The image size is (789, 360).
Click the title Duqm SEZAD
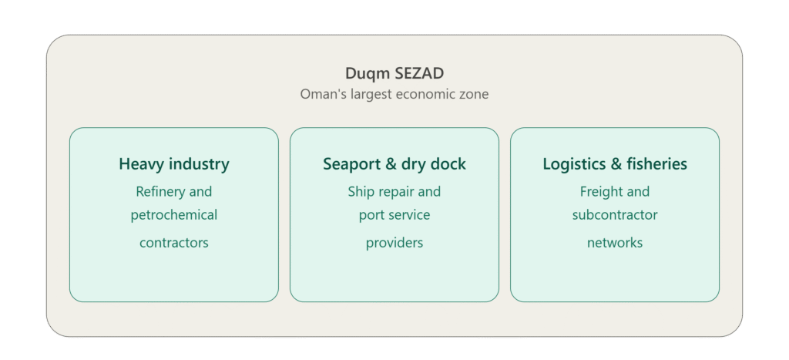click(x=394, y=73)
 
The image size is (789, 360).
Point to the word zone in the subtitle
click(x=475, y=95)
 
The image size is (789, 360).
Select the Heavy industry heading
click(x=174, y=164)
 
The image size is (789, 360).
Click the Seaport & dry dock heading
click(x=394, y=164)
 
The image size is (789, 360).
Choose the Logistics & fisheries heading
click(x=615, y=164)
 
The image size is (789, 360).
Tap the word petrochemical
click(x=174, y=216)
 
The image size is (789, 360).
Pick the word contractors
click(x=174, y=243)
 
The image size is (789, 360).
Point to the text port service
click(x=394, y=216)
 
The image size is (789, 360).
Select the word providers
click(x=394, y=243)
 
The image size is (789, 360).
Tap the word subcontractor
click(x=615, y=215)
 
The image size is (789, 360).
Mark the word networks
click(x=615, y=243)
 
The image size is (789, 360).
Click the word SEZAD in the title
click(x=419, y=73)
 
